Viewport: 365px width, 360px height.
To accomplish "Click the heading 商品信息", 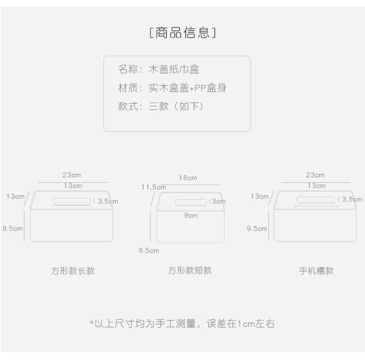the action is click(x=182, y=33).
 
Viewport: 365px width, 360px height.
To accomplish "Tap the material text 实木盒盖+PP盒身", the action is click(x=187, y=88).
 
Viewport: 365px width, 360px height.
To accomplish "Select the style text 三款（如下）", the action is click(x=176, y=106).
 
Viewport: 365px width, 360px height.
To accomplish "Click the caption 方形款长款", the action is click(x=73, y=271).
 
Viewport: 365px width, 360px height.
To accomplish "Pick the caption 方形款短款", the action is click(x=190, y=270).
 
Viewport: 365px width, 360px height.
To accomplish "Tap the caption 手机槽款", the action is click(x=316, y=271).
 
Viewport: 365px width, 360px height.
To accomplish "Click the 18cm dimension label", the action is click(x=188, y=178).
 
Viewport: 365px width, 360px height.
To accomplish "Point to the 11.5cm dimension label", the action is click(x=153, y=187).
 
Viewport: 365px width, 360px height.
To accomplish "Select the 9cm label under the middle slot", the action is click(x=191, y=215).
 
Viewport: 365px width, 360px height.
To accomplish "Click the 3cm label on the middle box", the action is click(x=218, y=201).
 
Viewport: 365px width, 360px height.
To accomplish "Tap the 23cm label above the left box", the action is click(x=72, y=175).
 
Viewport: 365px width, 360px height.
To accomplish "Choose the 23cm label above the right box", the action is click(x=315, y=175).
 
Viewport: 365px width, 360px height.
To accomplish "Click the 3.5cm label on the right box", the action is click(x=352, y=199).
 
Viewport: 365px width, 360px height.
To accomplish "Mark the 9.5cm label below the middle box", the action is click(x=149, y=250).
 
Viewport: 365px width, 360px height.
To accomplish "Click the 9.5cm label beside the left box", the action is click(x=12, y=228).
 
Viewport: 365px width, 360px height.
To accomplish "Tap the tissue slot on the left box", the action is click(x=72, y=200).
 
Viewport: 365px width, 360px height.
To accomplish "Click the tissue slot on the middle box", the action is click(x=191, y=202).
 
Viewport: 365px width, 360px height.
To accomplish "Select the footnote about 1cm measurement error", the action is click(x=182, y=323).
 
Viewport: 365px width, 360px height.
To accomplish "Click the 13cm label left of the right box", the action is click(x=259, y=196).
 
